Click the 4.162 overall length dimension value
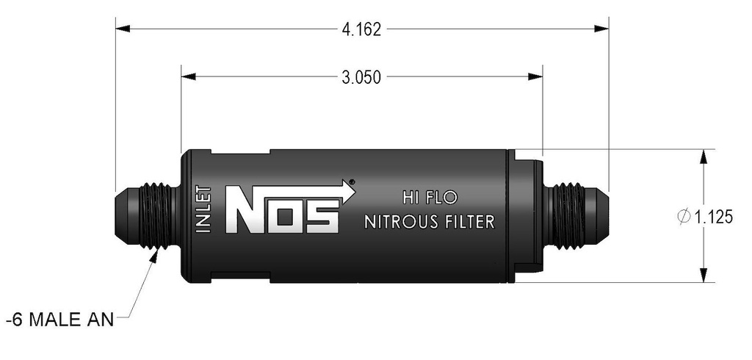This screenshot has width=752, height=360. tap(361, 30)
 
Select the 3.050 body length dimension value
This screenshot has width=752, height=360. tap(361, 77)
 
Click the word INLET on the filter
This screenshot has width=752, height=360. tap(205, 209)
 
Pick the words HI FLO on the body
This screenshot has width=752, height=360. tap(429, 198)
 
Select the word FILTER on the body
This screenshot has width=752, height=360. tap(469, 222)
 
